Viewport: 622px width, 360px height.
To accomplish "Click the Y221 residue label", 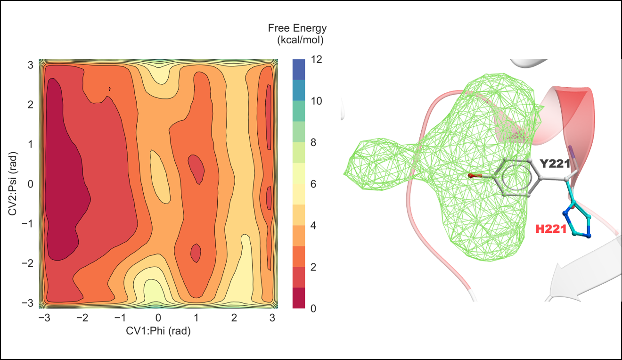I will coord(555,164).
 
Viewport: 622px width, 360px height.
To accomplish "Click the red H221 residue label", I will coord(550,229).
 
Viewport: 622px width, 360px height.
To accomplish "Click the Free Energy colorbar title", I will coord(297,34).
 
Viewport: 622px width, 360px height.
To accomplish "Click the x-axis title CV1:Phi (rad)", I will coord(158,331).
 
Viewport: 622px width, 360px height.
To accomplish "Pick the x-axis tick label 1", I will coord(196,318).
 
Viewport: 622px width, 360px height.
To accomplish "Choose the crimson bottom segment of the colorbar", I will coord(299,298).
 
